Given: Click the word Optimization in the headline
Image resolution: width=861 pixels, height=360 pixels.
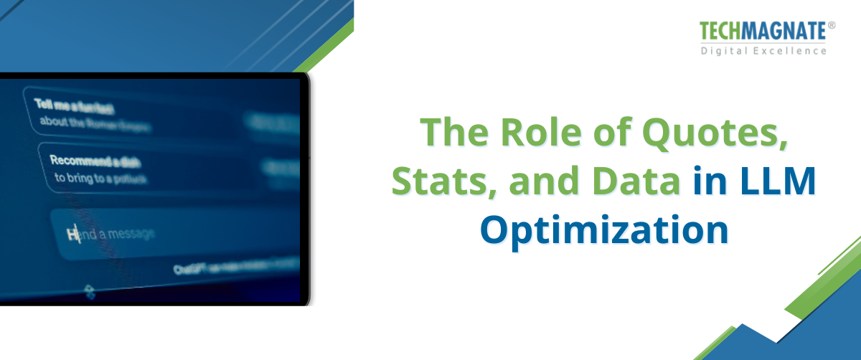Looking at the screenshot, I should tap(604, 231).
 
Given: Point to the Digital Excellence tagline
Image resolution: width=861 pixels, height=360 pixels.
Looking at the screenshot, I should tap(763, 50).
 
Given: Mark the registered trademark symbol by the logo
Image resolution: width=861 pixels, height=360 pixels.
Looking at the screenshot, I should tap(832, 25).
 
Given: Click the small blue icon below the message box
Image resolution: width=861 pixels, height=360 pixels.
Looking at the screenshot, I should tap(90, 291).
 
